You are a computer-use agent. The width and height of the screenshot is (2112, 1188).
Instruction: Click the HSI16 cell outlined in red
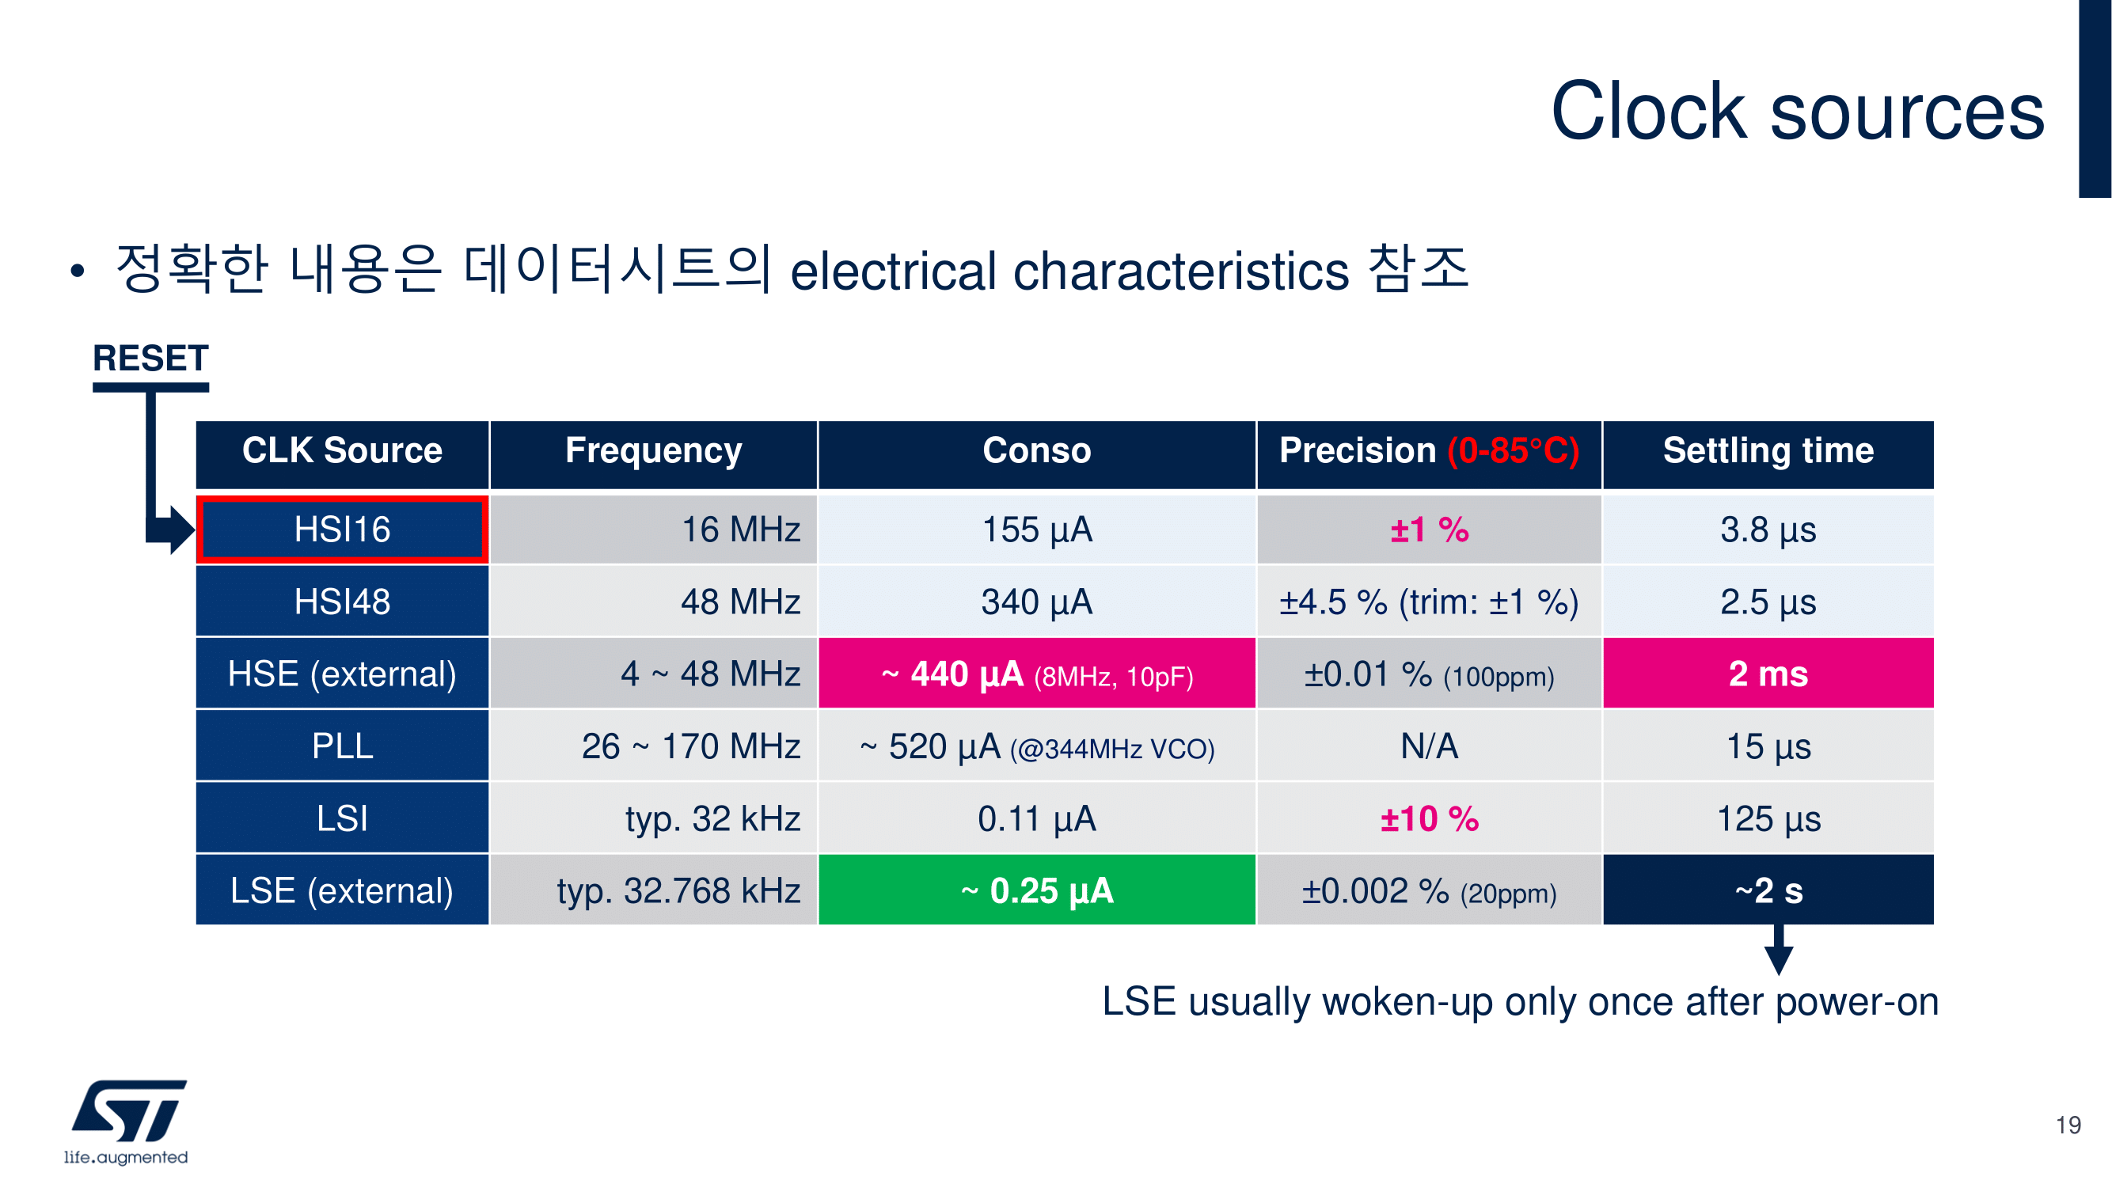(x=342, y=529)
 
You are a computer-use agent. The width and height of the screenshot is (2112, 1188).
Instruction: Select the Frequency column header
(x=653, y=451)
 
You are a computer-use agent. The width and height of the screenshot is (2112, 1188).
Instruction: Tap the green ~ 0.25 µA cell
(x=1036, y=890)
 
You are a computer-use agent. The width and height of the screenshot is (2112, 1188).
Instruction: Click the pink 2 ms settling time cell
(x=1768, y=673)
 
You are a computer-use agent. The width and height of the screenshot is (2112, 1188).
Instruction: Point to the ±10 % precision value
(x=1429, y=818)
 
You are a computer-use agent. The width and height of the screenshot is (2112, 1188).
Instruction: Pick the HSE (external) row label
(x=342, y=673)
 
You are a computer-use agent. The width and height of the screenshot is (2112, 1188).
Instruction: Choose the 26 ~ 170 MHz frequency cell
(x=653, y=746)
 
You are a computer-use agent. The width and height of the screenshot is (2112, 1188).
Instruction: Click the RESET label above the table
(x=151, y=359)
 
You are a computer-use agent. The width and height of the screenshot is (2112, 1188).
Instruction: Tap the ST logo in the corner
(x=127, y=1121)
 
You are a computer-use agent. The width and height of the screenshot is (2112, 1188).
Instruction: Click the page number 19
(x=2068, y=1125)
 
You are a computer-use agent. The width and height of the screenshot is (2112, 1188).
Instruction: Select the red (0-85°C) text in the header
(x=1513, y=451)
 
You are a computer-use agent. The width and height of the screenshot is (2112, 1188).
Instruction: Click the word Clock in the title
(x=1649, y=111)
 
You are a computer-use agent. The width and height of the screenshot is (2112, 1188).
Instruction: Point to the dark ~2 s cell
(x=1768, y=890)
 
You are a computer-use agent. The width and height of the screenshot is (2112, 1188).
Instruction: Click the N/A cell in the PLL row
(x=1429, y=746)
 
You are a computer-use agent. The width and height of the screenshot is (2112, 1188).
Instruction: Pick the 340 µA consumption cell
(x=1036, y=601)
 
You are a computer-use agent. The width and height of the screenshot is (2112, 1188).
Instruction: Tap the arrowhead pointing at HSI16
(x=181, y=529)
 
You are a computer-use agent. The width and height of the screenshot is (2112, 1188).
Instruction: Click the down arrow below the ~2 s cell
(x=1778, y=950)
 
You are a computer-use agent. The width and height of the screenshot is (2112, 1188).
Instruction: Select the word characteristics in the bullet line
(x=1180, y=271)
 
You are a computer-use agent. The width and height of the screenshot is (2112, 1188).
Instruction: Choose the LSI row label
(x=342, y=818)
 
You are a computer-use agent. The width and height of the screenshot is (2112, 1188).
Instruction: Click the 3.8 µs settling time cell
(x=1768, y=529)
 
